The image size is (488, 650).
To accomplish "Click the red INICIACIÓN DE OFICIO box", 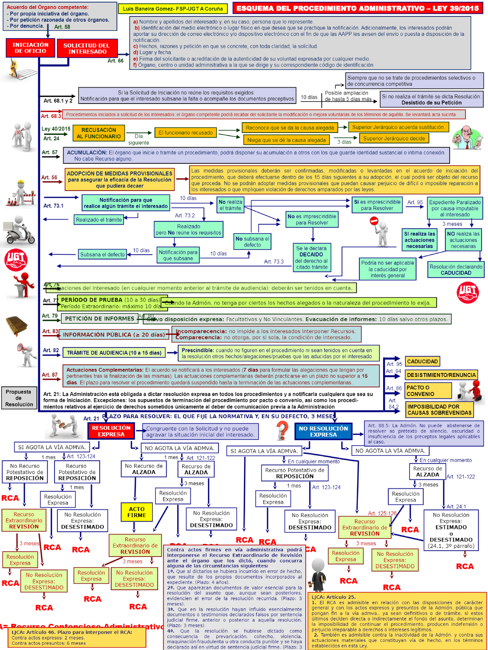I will coord(30,48).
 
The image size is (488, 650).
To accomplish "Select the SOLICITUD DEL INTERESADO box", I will coord(87,48).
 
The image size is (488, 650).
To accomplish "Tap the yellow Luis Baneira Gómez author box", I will coord(173,9).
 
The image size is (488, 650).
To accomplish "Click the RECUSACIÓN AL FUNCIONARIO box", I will coord(99,133).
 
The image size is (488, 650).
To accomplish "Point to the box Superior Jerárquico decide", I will coord(394,139).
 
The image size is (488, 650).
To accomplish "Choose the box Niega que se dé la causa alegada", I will coord(286,140).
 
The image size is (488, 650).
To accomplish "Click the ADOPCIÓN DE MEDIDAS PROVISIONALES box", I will coord(120,180).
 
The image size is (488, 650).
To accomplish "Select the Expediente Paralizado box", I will coord(455,208).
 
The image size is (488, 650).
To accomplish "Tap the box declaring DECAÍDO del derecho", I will coord(312,258).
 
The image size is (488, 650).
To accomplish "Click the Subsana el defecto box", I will coord(102,255).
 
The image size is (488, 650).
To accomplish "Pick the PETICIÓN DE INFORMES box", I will coord(99,319).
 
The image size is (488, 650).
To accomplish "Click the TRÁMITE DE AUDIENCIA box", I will coord(114,353).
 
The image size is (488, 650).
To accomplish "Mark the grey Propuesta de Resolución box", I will coord(19,398).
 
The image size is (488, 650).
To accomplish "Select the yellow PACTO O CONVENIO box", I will coord(428,391).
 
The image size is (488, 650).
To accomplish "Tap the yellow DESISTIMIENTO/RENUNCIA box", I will coord(441,375).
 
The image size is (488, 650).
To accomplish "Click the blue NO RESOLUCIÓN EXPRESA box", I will coord(323,431).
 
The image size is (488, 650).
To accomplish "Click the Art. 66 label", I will coord(115,61).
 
